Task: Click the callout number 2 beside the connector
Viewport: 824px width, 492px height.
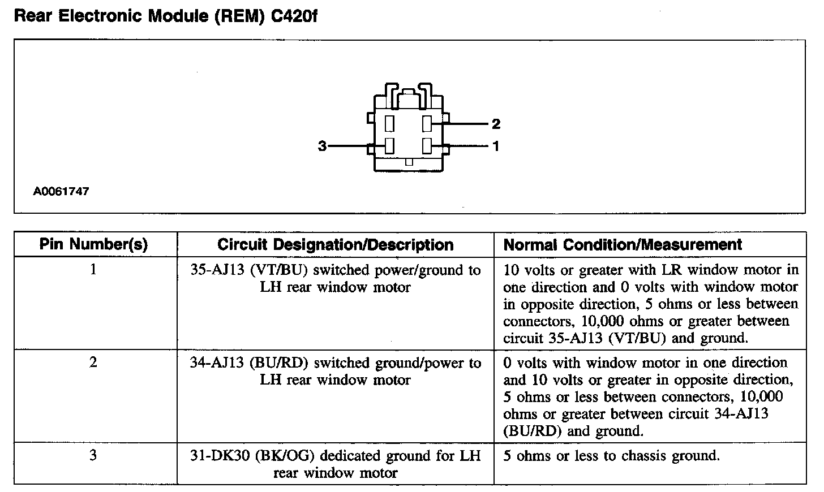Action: [x=496, y=123]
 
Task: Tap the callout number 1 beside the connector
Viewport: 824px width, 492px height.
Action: [x=496, y=146]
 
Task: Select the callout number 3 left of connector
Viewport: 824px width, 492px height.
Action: [x=322, y=146]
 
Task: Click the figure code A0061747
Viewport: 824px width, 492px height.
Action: [x=61, y=191]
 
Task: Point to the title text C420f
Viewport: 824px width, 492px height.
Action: [x=294, y=16]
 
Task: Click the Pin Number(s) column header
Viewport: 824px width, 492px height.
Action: [x=93, y=244]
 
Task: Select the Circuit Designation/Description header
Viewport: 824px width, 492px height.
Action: [x=335, y=245]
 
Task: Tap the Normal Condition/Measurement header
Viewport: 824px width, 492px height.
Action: [x=623, y=245]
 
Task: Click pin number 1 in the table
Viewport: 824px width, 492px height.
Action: [x=93, y=270]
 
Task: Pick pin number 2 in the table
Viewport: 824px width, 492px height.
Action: [x=93, y=362]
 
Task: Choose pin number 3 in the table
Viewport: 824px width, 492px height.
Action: [x=93, y=455]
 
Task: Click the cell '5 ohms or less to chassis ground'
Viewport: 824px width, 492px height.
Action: [x=611, y=456]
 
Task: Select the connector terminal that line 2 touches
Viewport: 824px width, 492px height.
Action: [x=427, y=123]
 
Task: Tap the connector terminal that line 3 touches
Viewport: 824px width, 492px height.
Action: [x=389, y=145]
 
